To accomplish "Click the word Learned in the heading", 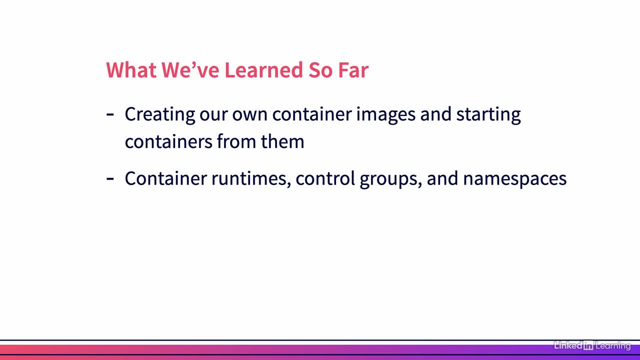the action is (x=263, y=70).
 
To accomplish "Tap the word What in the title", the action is (x=131, y=70).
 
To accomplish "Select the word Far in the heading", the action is (x=353, y=70).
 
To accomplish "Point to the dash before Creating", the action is (x=110, y=115).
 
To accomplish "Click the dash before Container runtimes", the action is (x=110, y=179).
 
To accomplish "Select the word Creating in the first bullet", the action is (x=160, y=115).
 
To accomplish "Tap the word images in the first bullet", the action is (x=385, y=115).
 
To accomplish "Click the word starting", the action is (x=488, y=115).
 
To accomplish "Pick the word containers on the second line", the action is (x=168, y=141).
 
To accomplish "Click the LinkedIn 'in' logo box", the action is (x=588, y=345).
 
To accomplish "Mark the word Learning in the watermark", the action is (x=613, y=346).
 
